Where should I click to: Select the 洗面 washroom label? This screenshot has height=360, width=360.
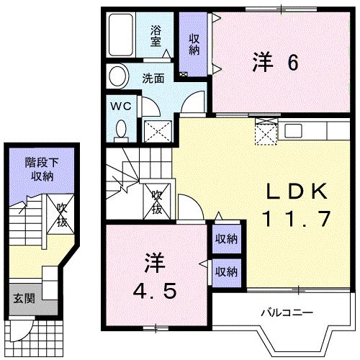tap(151, 77)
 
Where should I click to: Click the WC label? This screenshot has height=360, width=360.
tap(119, 107)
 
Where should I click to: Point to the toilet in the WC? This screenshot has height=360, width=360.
tap(120, 130)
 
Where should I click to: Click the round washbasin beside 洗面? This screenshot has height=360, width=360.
tap(117, 75)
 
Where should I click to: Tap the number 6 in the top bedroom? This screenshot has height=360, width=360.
tap(292, 64)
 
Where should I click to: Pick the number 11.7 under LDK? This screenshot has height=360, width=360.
tap(297, 217)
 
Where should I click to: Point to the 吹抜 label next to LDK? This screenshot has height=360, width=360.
tap(157, 201)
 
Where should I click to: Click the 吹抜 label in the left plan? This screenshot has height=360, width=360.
tap(63, 215)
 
